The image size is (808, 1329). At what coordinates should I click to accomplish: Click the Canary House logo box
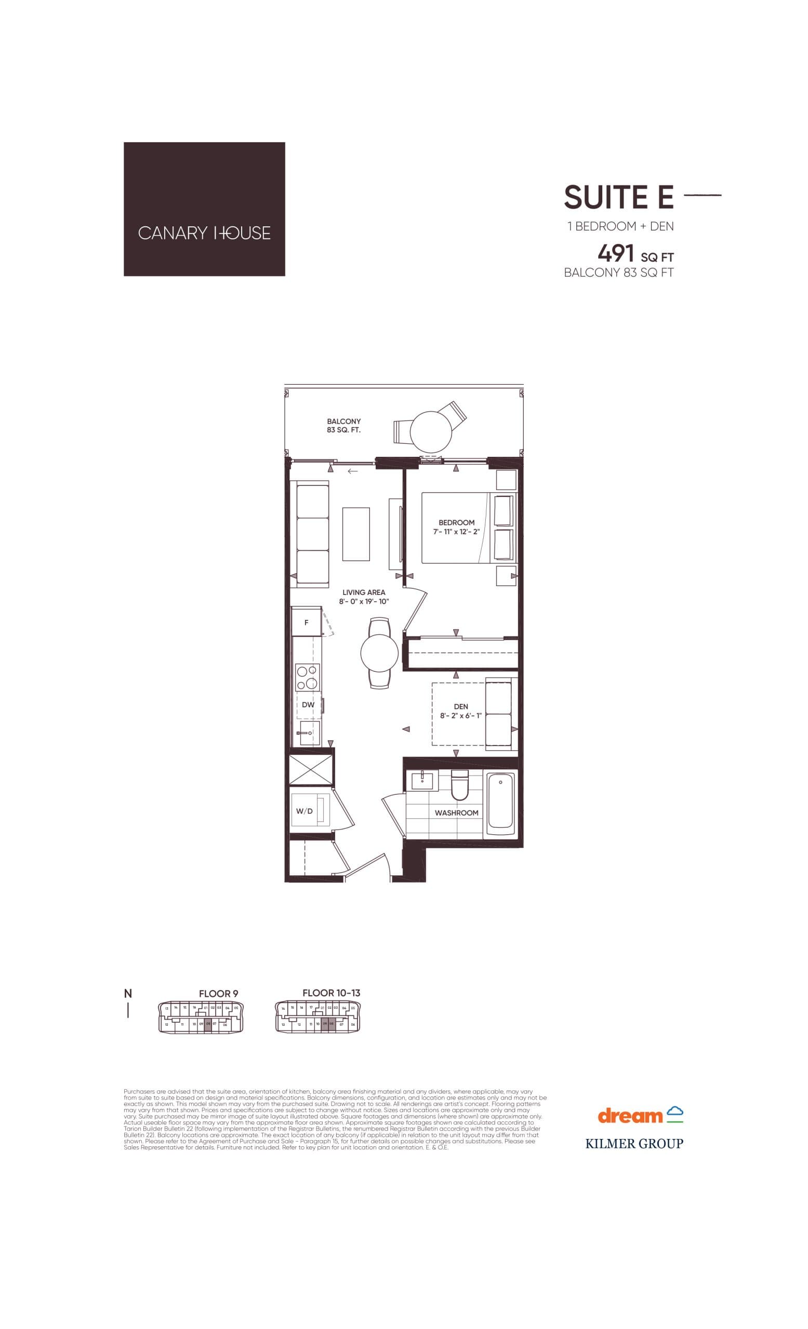(204, 209)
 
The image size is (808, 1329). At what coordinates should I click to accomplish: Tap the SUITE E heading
(618, 197)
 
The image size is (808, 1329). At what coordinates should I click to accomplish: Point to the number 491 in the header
(615, 252)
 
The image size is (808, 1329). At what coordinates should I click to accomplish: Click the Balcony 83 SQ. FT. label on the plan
(344, 426)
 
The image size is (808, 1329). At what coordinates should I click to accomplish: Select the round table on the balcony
(430, 431)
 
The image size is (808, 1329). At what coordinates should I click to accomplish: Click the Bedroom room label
(457, 522)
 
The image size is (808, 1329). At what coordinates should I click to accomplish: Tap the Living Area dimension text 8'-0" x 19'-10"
(364, 601)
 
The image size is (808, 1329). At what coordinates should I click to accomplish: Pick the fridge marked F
(307, 622)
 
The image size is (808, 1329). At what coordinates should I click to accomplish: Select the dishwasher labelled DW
(308, 704)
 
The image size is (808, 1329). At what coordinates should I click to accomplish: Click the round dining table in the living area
(379, 653)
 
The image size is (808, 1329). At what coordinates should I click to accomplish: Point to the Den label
(460, 706)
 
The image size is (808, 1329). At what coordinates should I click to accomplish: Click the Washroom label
(456, 813)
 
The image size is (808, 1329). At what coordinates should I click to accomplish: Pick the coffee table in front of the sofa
(356, 534)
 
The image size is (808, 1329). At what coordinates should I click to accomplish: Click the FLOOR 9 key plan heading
(219, 994)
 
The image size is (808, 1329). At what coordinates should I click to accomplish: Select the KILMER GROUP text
(634, 1144)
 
